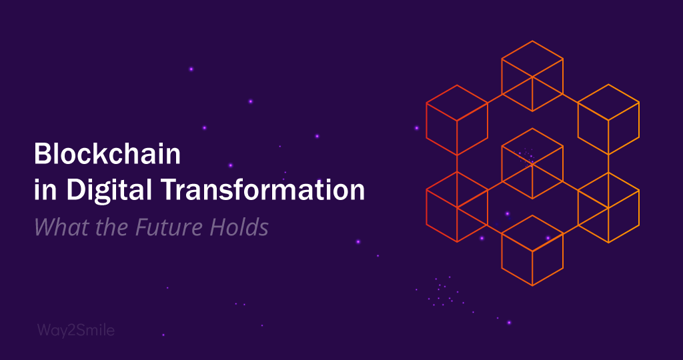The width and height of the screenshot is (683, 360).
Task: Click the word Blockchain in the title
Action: [x=107, y=155]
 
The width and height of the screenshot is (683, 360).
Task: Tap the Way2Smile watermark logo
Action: [x=75, y=330]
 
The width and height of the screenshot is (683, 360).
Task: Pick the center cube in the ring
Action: [x=532, y=163]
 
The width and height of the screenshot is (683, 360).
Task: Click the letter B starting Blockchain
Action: [x=41, y=155]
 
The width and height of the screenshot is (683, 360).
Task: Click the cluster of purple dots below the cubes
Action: [x=442, y=292]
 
